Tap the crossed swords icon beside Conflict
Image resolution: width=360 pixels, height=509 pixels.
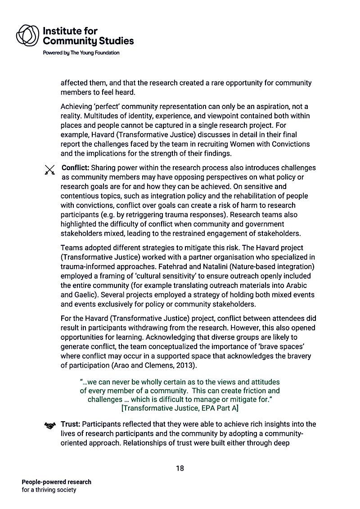[x=49, y=170]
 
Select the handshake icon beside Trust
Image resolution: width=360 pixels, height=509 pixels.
[x=49, y=425]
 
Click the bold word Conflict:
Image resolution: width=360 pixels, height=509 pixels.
[x=75, y=168]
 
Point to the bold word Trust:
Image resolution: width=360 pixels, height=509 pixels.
[x=71, y=424]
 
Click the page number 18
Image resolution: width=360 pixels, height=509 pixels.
[x=180, y=468]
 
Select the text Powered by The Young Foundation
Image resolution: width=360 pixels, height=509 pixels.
[x=81, y=53]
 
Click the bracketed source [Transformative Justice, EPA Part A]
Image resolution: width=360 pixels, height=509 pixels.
[x=180, y=409]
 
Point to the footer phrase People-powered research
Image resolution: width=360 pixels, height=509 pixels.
[x=56, y=482]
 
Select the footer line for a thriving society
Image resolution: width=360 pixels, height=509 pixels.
[x=49, y=490]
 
